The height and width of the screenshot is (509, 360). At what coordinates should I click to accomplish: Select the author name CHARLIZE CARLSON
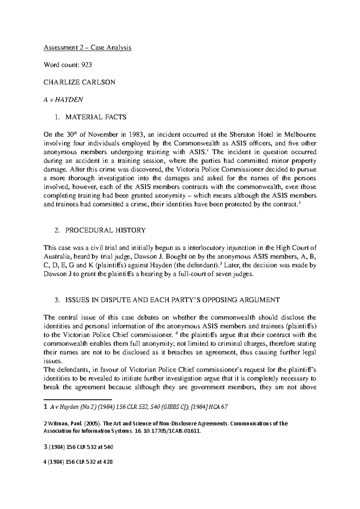[79, 82]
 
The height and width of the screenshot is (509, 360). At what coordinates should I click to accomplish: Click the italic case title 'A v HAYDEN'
[63, 100]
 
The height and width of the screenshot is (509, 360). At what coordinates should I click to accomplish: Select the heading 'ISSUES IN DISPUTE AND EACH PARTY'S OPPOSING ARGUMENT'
[172, 300]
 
